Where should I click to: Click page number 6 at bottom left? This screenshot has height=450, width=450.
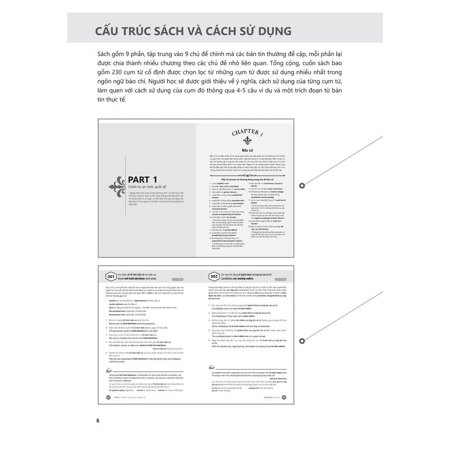pyautogui.click(x=98, y=421)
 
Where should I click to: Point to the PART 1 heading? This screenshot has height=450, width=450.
pyautogui.click(x=142, y=179)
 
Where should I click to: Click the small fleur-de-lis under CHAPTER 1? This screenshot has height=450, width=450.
pyautogui.click(x=247, y=141)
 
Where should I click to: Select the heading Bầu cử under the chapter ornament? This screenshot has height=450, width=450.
pyautogui.click(x=247, y=150)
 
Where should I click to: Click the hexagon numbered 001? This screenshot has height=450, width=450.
pyautogui.click(x=110, y=276)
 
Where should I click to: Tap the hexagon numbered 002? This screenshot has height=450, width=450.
pyautogui.click(x=214, y=276)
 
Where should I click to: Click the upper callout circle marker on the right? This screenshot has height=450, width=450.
pyautogui.click(x=302, y=185)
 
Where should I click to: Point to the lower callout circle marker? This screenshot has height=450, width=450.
pyautogui.click(x=302, y=341)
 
